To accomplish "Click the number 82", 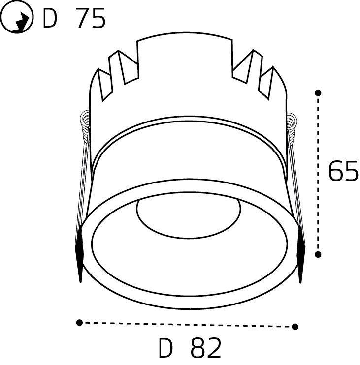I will (205, 349).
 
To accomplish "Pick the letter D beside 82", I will (166, 349).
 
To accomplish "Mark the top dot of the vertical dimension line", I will (318, 92).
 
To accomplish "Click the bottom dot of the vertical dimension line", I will (318, 254).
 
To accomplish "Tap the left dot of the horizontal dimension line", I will (79, 323).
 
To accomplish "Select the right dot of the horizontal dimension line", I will (295, 326).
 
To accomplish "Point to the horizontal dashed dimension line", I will (187, 324).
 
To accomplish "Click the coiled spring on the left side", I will (85, 125).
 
